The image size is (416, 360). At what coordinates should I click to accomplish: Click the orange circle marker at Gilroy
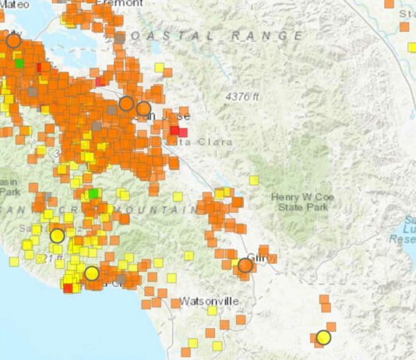pos(245,266)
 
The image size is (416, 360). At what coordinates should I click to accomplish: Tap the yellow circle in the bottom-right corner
pos(323,337)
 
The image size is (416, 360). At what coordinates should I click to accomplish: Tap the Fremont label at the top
pos(114,3)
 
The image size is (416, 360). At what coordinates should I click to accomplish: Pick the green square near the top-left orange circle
pos(19,63)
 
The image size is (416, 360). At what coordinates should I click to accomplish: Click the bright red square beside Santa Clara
pos(178,132)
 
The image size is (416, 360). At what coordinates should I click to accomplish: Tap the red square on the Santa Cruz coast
pos(68,288)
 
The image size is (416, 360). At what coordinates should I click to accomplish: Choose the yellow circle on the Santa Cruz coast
pos(92,273)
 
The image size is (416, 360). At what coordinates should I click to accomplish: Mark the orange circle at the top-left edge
pos(13,41)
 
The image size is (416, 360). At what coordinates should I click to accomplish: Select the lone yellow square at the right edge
pos(412,47)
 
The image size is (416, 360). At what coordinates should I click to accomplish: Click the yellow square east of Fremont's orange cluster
pos(159,68)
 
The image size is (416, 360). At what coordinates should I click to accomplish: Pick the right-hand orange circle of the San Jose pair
pos(143,108)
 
